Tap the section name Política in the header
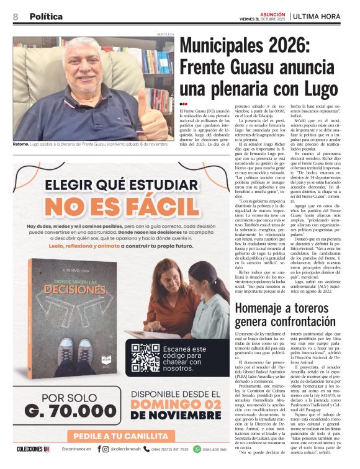click(46, 16)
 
